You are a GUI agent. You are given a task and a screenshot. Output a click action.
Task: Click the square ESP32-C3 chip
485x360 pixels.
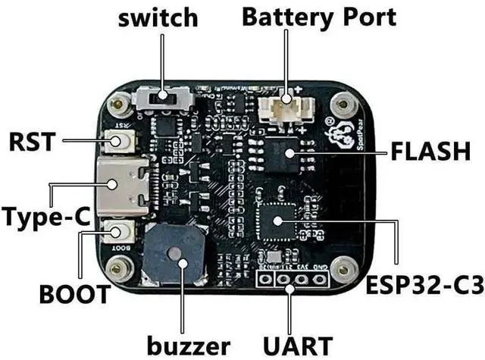277,221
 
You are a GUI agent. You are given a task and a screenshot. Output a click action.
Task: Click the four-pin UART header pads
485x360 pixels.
293,280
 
